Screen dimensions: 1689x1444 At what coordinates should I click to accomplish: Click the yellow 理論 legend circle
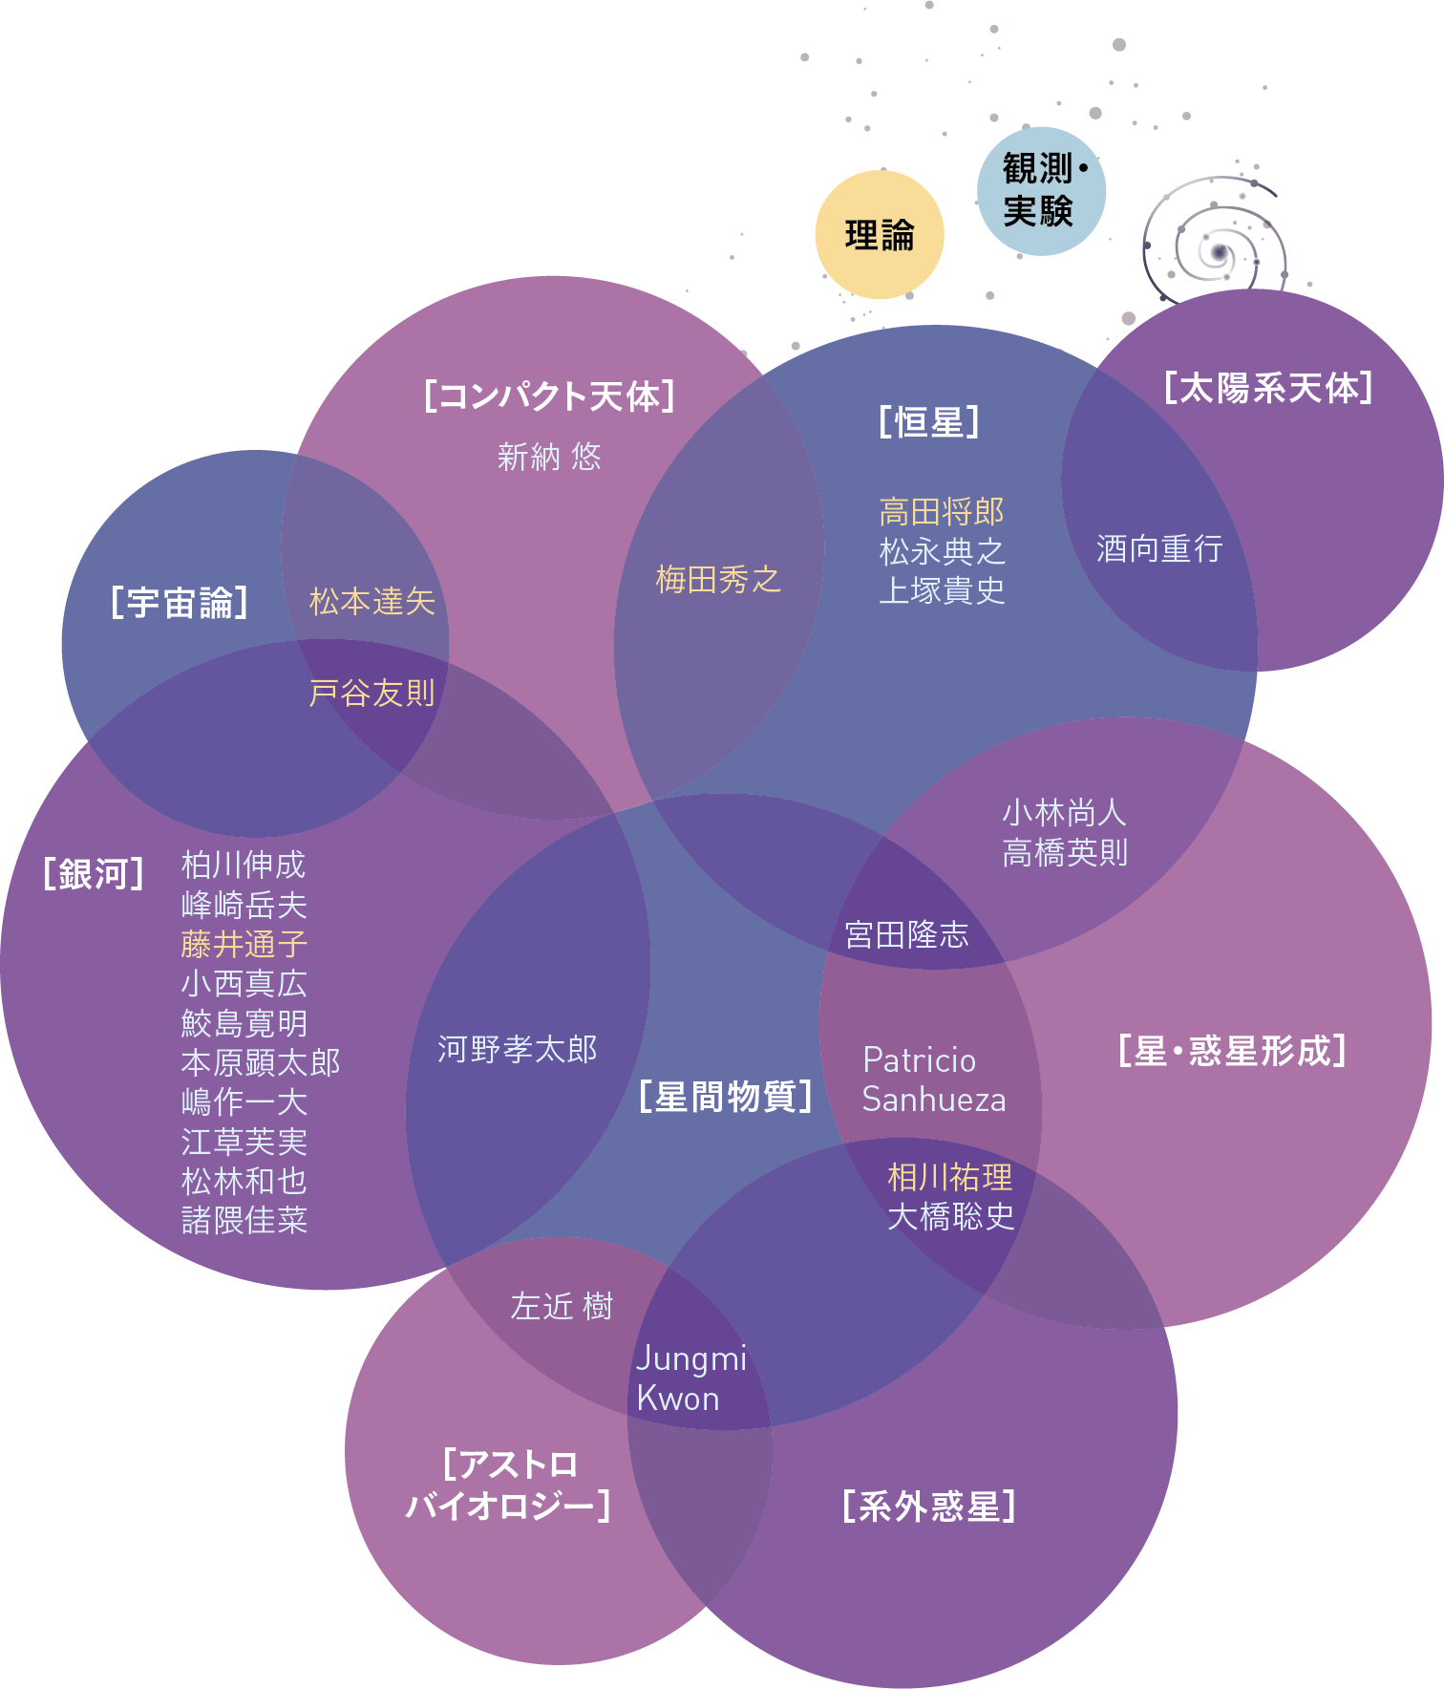880,235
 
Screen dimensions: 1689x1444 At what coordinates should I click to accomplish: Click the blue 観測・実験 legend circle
1041,191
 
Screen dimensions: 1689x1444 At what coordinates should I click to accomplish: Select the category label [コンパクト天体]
549,396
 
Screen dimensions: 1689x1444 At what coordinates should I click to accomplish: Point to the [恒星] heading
929,421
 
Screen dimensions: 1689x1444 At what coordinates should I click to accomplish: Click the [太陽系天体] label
1268,388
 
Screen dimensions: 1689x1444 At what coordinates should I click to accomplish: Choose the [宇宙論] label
180,603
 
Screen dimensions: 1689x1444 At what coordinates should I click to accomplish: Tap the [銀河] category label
94,873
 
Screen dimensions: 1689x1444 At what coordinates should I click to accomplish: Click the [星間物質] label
726,1097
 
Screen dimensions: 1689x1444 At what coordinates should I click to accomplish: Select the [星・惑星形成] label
1232,1051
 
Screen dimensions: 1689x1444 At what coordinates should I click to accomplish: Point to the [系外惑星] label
929,1507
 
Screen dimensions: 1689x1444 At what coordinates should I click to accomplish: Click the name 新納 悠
549,457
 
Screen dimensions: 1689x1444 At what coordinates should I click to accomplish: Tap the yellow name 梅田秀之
718,579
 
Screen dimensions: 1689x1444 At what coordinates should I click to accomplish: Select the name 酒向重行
1158,548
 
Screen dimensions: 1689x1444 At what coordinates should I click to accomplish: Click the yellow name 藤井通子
244,944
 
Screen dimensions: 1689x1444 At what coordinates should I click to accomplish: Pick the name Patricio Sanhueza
933,1080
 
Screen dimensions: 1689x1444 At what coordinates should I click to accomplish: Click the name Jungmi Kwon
690,1379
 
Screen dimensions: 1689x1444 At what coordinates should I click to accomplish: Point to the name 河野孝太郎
518,1049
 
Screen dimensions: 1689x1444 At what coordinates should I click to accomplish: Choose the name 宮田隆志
906,934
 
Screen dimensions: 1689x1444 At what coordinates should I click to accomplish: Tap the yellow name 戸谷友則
372,693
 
